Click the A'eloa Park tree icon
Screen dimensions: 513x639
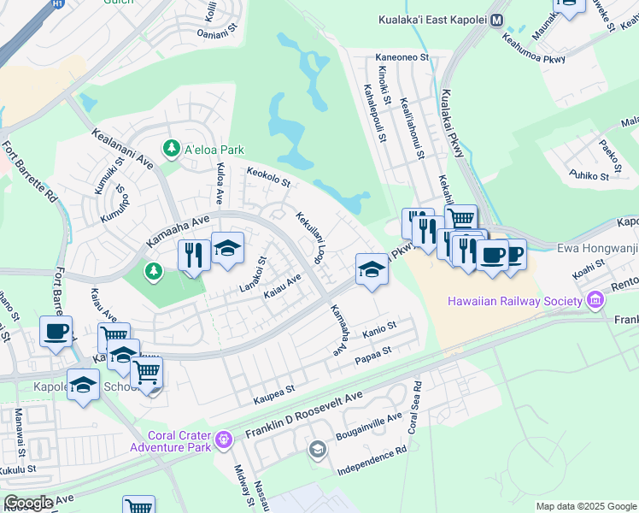coord(172,149)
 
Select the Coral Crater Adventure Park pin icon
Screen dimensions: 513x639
coord(225,439)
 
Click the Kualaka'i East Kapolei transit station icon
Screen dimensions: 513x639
coord(497,20)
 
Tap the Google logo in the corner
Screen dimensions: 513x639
coord(28,503)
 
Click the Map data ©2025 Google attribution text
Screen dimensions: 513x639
coord(586,506)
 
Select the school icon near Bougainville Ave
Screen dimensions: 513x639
coord(317,449)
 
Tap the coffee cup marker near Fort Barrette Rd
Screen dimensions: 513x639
coord(56,331)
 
